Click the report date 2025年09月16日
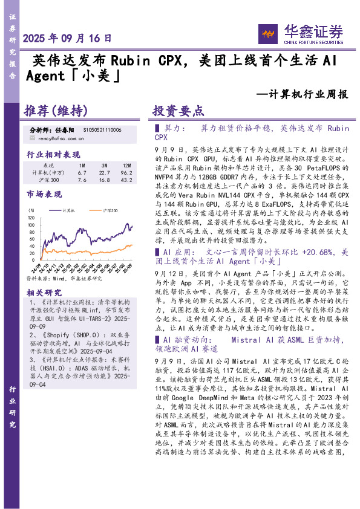pyautogui.click(x=67, y=37)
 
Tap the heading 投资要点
pyautogui.click(x=178, y=111)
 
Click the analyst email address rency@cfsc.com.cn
pyautogui.click(x=57, y=138)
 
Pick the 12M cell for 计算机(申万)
pyautogui.click(x=126, y=172)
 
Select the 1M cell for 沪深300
pyautogui.click(x=83, y=180)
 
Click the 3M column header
pyautogui.click(x=104, y=165)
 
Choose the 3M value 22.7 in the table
pyautogui.click(x=104, y=172)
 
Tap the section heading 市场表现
pyautogui.click(x=44, y=194)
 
